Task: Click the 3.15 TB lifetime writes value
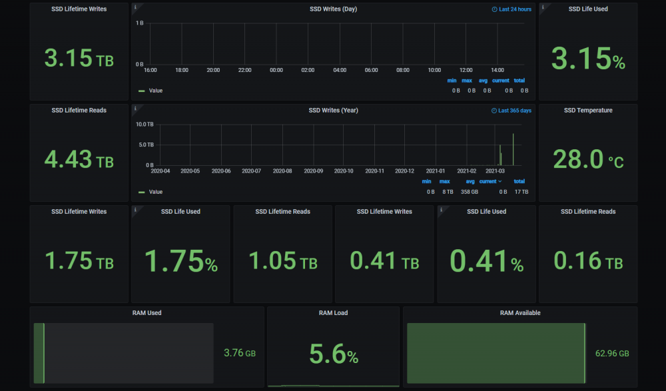pyautogui.click(x=79, y=58)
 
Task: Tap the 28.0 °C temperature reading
pyautogui.click(x=588, y=159)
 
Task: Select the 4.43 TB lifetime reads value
pyautogui.click(x=79, y=159)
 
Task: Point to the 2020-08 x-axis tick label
pyautogui.click(x=282, y=171)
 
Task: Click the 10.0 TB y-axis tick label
pyautogui.click(x=145, y=125)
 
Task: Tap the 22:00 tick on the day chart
pyautogui.click(x=244, y=70)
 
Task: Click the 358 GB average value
pyautogui.click(x=470, y=192)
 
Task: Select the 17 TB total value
pyautogui.click(x=521, y=192)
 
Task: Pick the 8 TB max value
pyautogui.click(x=448, y=192)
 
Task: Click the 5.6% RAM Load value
pyautogui.click(x=334, y=354)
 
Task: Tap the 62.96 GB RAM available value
pyautogui.click(x=612, y=354)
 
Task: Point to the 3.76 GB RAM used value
pyautogui.click(x=240, y=353)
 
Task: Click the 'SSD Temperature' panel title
pyautogui.click(x=588, y=111)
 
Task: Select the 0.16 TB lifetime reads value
pyautogui.click(x=588, y=260)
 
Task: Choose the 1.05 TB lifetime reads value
pyautogui.click(x=283, y=260)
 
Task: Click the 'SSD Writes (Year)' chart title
pyautogui.click(x=334, y=111)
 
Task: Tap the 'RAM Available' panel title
pyautogui.click(x=520, y=313)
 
